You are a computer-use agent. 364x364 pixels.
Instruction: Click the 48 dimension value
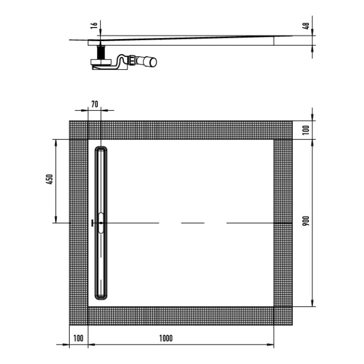pyautogui.click(x=307, y=25)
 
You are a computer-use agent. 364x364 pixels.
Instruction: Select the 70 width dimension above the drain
pyautogui.click(x=94, y=104)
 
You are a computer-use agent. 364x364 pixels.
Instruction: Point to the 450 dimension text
pyautogui.click(x=49, y=179)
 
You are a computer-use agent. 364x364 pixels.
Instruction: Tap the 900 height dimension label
pyautogui.click(x=306, y=221)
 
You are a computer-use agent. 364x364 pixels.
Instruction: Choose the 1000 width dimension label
pyautogui.click(x=166, y=338)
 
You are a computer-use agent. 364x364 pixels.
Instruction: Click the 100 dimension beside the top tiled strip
pyautogui.click(x=306, y=129)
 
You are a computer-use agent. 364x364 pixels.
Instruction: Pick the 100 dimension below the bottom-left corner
pyautogui.click(x=78, y=338)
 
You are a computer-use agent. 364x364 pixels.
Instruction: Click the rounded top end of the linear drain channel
pyautogui.click(x=101, y=150)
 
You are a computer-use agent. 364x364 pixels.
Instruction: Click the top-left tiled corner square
pyautogui.click(x=79, y=130)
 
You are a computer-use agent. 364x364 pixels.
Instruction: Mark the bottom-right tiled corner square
pyautogui.click(x=283, y=316)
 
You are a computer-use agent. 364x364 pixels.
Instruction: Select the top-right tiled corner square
pyautogui.click(x=283, y=130)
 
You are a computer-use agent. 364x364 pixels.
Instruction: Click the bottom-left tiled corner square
pyautogui.click(x=79, y=316)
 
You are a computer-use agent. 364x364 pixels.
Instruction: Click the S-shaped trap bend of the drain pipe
pyautogui.click(x=123, y=62)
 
